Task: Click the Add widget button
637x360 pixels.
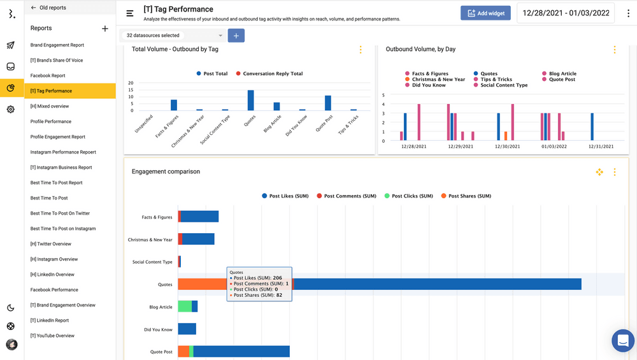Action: [x=485, y=13]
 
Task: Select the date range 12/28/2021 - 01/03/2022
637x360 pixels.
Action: [x=566, y=13]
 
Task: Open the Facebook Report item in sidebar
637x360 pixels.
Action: [x=48, y=76]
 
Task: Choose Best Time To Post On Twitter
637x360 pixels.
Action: [x=60, y=213]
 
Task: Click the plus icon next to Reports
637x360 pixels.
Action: [x=105, y=29]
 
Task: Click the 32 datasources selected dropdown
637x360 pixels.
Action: [x=173, y=36]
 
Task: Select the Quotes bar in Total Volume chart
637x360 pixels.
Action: [x=251, y=100]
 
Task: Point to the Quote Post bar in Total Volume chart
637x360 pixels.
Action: [x=328, y=103]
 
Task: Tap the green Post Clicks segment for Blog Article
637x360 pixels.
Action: [x=185, y=306]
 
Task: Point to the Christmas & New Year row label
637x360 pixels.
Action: [x=150, y=240]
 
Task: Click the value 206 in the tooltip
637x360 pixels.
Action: [x=277, y=278]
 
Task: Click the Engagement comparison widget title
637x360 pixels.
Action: [x=166, y=172]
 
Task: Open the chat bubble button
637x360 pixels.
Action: [x=623, y=341]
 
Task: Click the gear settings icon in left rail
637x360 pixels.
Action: [x=11, y=110]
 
